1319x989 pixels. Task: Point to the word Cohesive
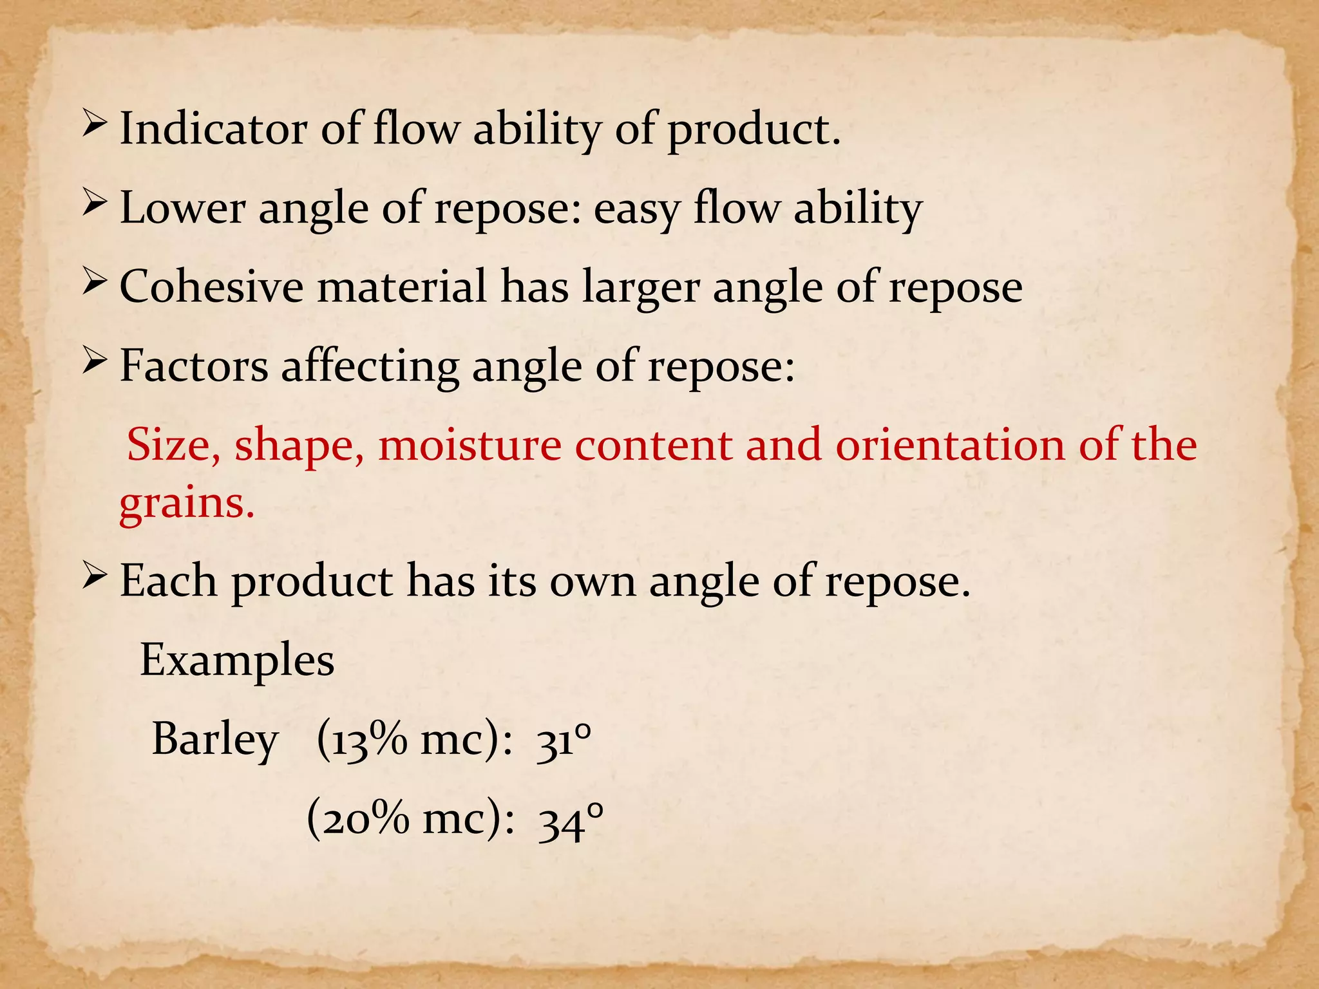[x=211, y=287]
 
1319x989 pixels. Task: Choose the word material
[x=402, y=287]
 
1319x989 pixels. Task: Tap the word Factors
[x=194, y=366]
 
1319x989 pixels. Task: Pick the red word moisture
[x=470, y=446]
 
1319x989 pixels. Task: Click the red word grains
[x=187, y=504]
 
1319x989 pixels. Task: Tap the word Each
[x=169, y=581]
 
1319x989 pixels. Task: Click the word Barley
[x=215, y=740]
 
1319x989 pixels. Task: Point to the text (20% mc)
[x=410, y=820]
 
